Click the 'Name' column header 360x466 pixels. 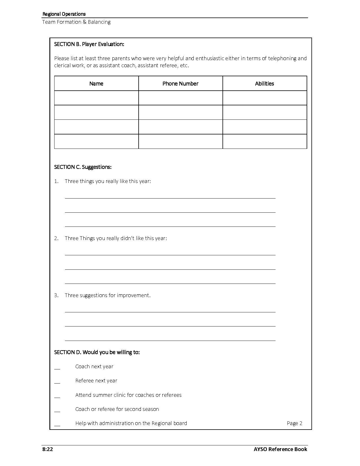click(96, 84)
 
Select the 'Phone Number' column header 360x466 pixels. click(180, 84)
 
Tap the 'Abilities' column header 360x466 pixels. click(265, 84)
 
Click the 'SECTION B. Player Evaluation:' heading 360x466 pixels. click(89, 44)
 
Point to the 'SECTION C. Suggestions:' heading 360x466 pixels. click(83, 167)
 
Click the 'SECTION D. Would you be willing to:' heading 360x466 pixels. click(97, 352)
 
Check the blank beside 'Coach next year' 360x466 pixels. click(57, 367)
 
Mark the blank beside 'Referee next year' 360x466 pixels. click(57, 382)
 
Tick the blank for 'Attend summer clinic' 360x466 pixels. click(57, 396)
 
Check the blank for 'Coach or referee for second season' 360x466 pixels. click(57, 410)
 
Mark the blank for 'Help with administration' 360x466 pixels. click(57, 424)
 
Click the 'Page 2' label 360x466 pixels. click(294, 423)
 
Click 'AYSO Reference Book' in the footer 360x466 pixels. click(280, 449)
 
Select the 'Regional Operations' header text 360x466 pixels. click(64, 14)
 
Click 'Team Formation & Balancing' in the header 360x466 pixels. click(76, 22)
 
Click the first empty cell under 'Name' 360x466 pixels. click(96, 98)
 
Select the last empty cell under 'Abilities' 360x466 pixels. click(265, 141)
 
